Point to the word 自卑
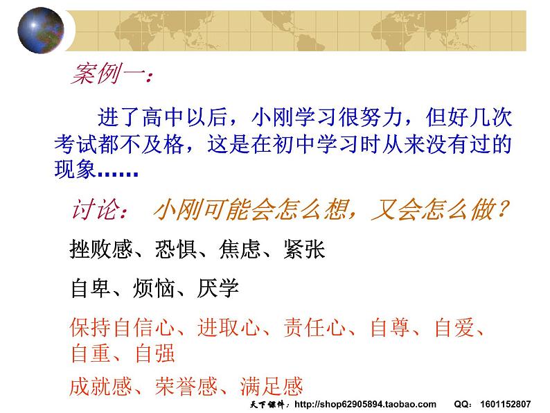click(91, 288)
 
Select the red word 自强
click(154, 353)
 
